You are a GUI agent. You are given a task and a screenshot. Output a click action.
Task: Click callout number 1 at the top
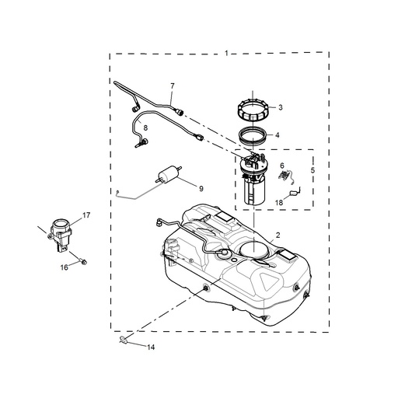pos(226,52)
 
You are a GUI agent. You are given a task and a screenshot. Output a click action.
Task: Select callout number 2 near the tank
pos(278,233)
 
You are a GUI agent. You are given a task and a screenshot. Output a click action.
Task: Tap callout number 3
pos(280,107)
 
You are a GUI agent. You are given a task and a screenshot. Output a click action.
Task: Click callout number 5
pos(313,169)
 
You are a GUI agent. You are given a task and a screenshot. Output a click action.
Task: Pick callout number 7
pos(173,85)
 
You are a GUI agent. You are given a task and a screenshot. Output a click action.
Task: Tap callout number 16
pos(65,267)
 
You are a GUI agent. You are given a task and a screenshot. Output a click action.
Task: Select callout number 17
pos(87,215)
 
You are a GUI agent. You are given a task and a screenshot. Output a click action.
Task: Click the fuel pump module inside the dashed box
pos(254,180)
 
